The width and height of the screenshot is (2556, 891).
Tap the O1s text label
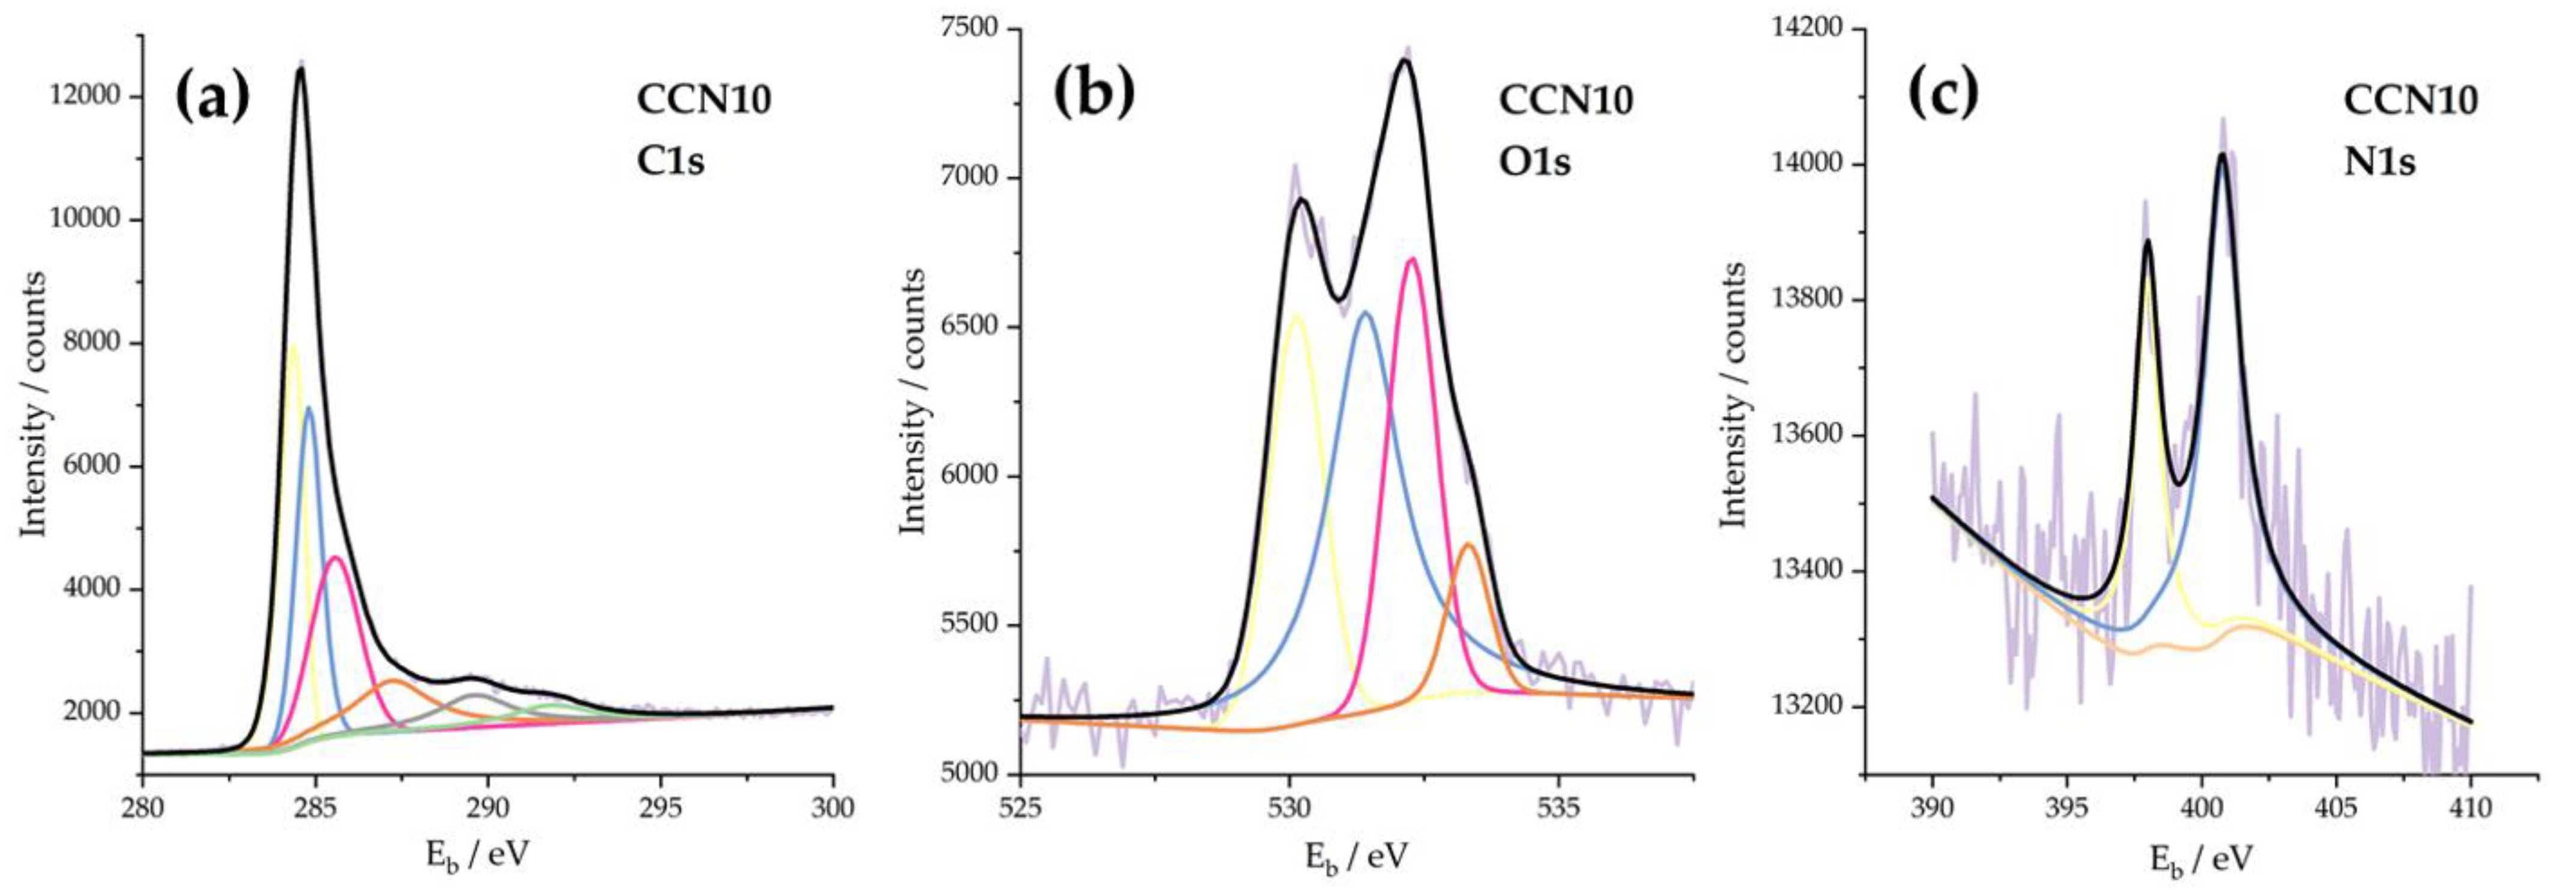point(1534,160)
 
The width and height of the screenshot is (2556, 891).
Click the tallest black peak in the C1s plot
point(300,68)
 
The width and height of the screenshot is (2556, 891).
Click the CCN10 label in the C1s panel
point(703,100)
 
